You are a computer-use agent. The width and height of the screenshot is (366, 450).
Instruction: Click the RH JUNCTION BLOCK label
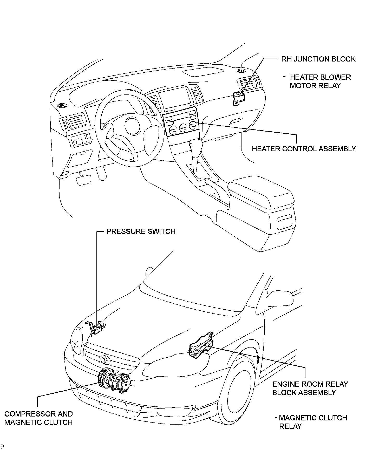click(318, 59)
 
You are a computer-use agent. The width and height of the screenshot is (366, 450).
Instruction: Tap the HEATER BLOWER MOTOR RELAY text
click(320, 81)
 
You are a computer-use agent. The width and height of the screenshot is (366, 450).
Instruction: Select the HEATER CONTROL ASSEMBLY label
click(304, 149)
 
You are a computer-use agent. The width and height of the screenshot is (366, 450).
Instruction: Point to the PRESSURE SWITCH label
click(141, 231)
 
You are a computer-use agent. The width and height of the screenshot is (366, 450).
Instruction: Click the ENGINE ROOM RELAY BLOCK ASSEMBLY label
click(310, 388)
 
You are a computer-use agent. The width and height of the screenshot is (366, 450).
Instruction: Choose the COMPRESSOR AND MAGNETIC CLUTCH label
click(38, 418)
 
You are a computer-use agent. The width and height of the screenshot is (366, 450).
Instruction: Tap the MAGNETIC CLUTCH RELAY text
click(313, 422)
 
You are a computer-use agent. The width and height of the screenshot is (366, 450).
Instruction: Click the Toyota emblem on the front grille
click(106, 359)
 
